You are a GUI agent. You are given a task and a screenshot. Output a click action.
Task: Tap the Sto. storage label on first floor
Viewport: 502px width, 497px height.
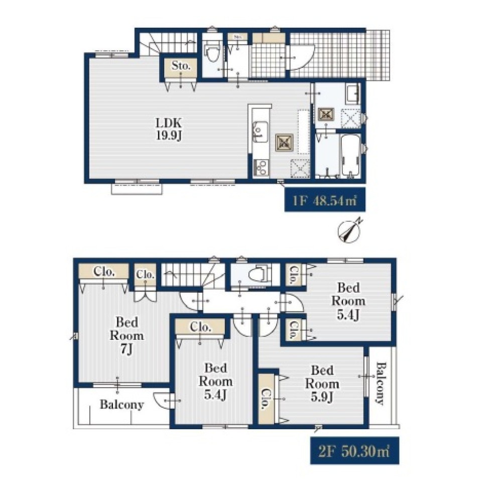click(181, 66)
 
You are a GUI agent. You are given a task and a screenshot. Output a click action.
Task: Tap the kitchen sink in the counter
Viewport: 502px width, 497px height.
click(260, 132)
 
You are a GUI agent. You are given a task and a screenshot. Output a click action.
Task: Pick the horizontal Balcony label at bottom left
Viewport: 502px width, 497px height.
click(121, 405)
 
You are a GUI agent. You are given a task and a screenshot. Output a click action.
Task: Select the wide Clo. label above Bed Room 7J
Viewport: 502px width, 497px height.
click(104, 272)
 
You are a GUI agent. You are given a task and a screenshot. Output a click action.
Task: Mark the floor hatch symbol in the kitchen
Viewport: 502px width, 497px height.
click(284, 143)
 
